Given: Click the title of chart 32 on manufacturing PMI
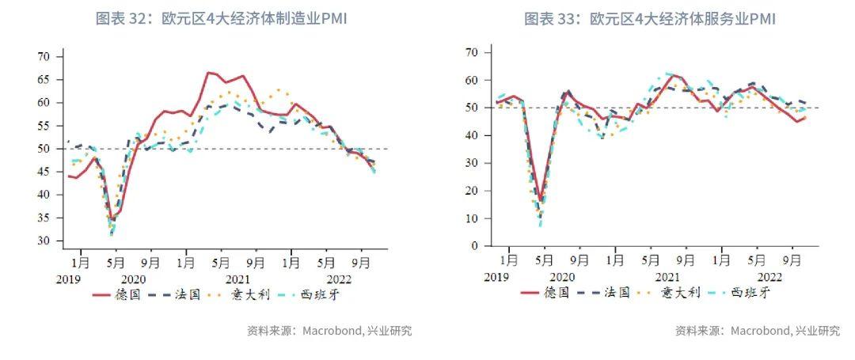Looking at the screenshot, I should (x=221, y=18).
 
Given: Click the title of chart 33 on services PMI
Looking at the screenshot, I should (x=649, y=18).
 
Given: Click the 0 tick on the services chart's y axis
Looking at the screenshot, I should (x=473, y=246).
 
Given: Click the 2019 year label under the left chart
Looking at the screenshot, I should (x=69, y=279).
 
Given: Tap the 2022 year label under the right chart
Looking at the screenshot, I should (x=769, y=277).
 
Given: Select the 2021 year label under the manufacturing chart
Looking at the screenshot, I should (x=237, y=279).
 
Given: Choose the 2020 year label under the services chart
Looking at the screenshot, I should (x=561, y=277).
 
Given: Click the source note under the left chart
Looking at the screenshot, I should (x=329, y=331).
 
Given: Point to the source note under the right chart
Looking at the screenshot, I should (x=757, y=331).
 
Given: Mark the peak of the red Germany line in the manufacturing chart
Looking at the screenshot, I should (x=208, y=73).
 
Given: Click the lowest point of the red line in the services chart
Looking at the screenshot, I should (x=541, y=200).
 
